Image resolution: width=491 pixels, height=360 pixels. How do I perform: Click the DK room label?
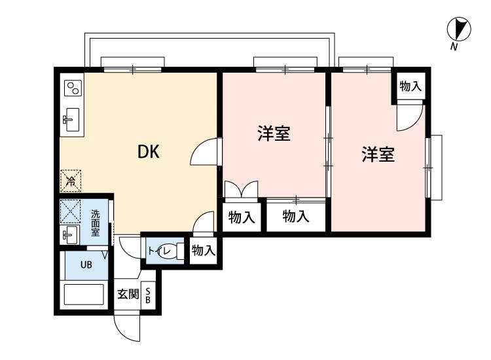(x=149, y=152)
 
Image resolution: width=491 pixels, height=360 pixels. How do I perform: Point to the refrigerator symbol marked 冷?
(x=70, y=178)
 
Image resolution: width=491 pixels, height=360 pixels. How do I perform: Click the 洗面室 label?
(x=95, y=223)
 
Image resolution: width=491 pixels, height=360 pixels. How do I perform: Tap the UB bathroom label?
(x=86, y=265)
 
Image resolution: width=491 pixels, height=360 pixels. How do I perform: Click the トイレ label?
(x=159, y=251)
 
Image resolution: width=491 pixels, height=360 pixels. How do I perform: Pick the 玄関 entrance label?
(x=128, y=294)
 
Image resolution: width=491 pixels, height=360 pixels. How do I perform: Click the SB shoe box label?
(x=148, y=296)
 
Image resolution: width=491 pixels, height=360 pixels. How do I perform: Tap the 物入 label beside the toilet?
(x=202, y=249)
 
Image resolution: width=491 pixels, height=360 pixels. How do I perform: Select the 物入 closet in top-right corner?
(x=410, y=86)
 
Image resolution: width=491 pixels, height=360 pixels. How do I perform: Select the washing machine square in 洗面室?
(x=69, y=211)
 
